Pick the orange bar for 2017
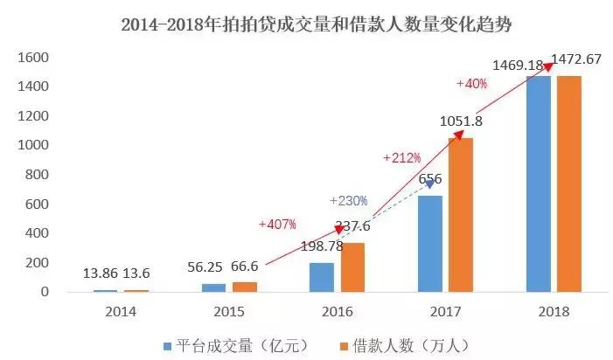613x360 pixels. tap(460, 215)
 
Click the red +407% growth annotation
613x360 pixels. tap(277, 225)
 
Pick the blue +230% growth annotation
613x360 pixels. tap(348, 200)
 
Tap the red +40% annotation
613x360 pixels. tap(472, 84)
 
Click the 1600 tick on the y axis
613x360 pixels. tap(31, 58)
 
